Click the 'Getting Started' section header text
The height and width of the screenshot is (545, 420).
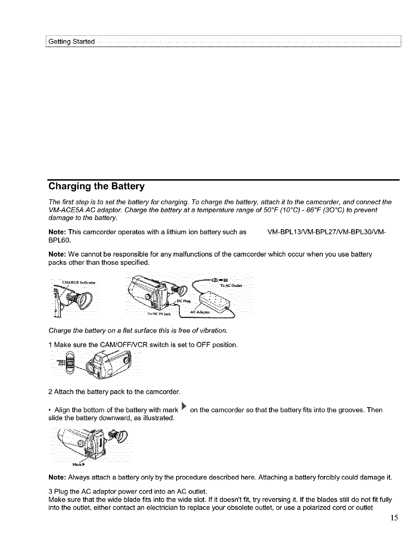click(72, 42)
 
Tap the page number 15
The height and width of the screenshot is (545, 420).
click(394, 518)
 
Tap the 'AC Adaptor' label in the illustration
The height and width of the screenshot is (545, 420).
click(200, 312)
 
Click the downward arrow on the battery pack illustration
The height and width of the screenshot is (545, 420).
click(100, 442)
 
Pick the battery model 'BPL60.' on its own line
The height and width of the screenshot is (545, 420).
click(58, 240)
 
